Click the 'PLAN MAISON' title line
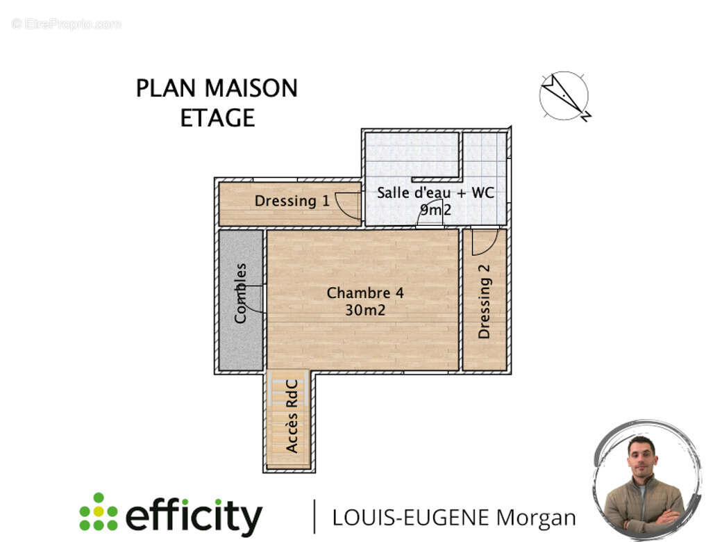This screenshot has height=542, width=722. pos(217,88)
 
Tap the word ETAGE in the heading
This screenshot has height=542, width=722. pos(217,118)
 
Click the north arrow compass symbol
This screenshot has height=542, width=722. pos(564,96)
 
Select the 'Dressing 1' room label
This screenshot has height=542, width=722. pos(292,202)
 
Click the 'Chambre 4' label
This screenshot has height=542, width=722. pos(365,293)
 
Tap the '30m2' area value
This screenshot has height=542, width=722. pos(365,311)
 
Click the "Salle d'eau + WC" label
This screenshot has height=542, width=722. pos(435,193)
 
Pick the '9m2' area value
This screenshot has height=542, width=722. pos(435,209)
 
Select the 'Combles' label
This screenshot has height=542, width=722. pos(241,293)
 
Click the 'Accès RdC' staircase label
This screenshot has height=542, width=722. pos(292,416)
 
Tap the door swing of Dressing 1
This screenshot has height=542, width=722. pos(348,205)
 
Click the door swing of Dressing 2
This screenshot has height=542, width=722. pos(484,241)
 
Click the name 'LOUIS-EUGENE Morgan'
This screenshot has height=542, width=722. pos(454,518)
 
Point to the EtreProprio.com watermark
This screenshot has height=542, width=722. pos(66,24)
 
